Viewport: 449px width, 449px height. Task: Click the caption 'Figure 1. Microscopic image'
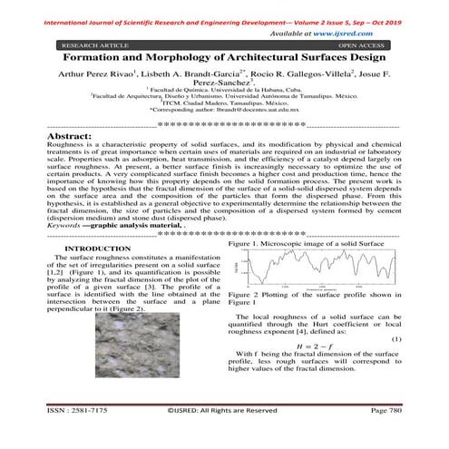pyautogui.click(x=313, y=245)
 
